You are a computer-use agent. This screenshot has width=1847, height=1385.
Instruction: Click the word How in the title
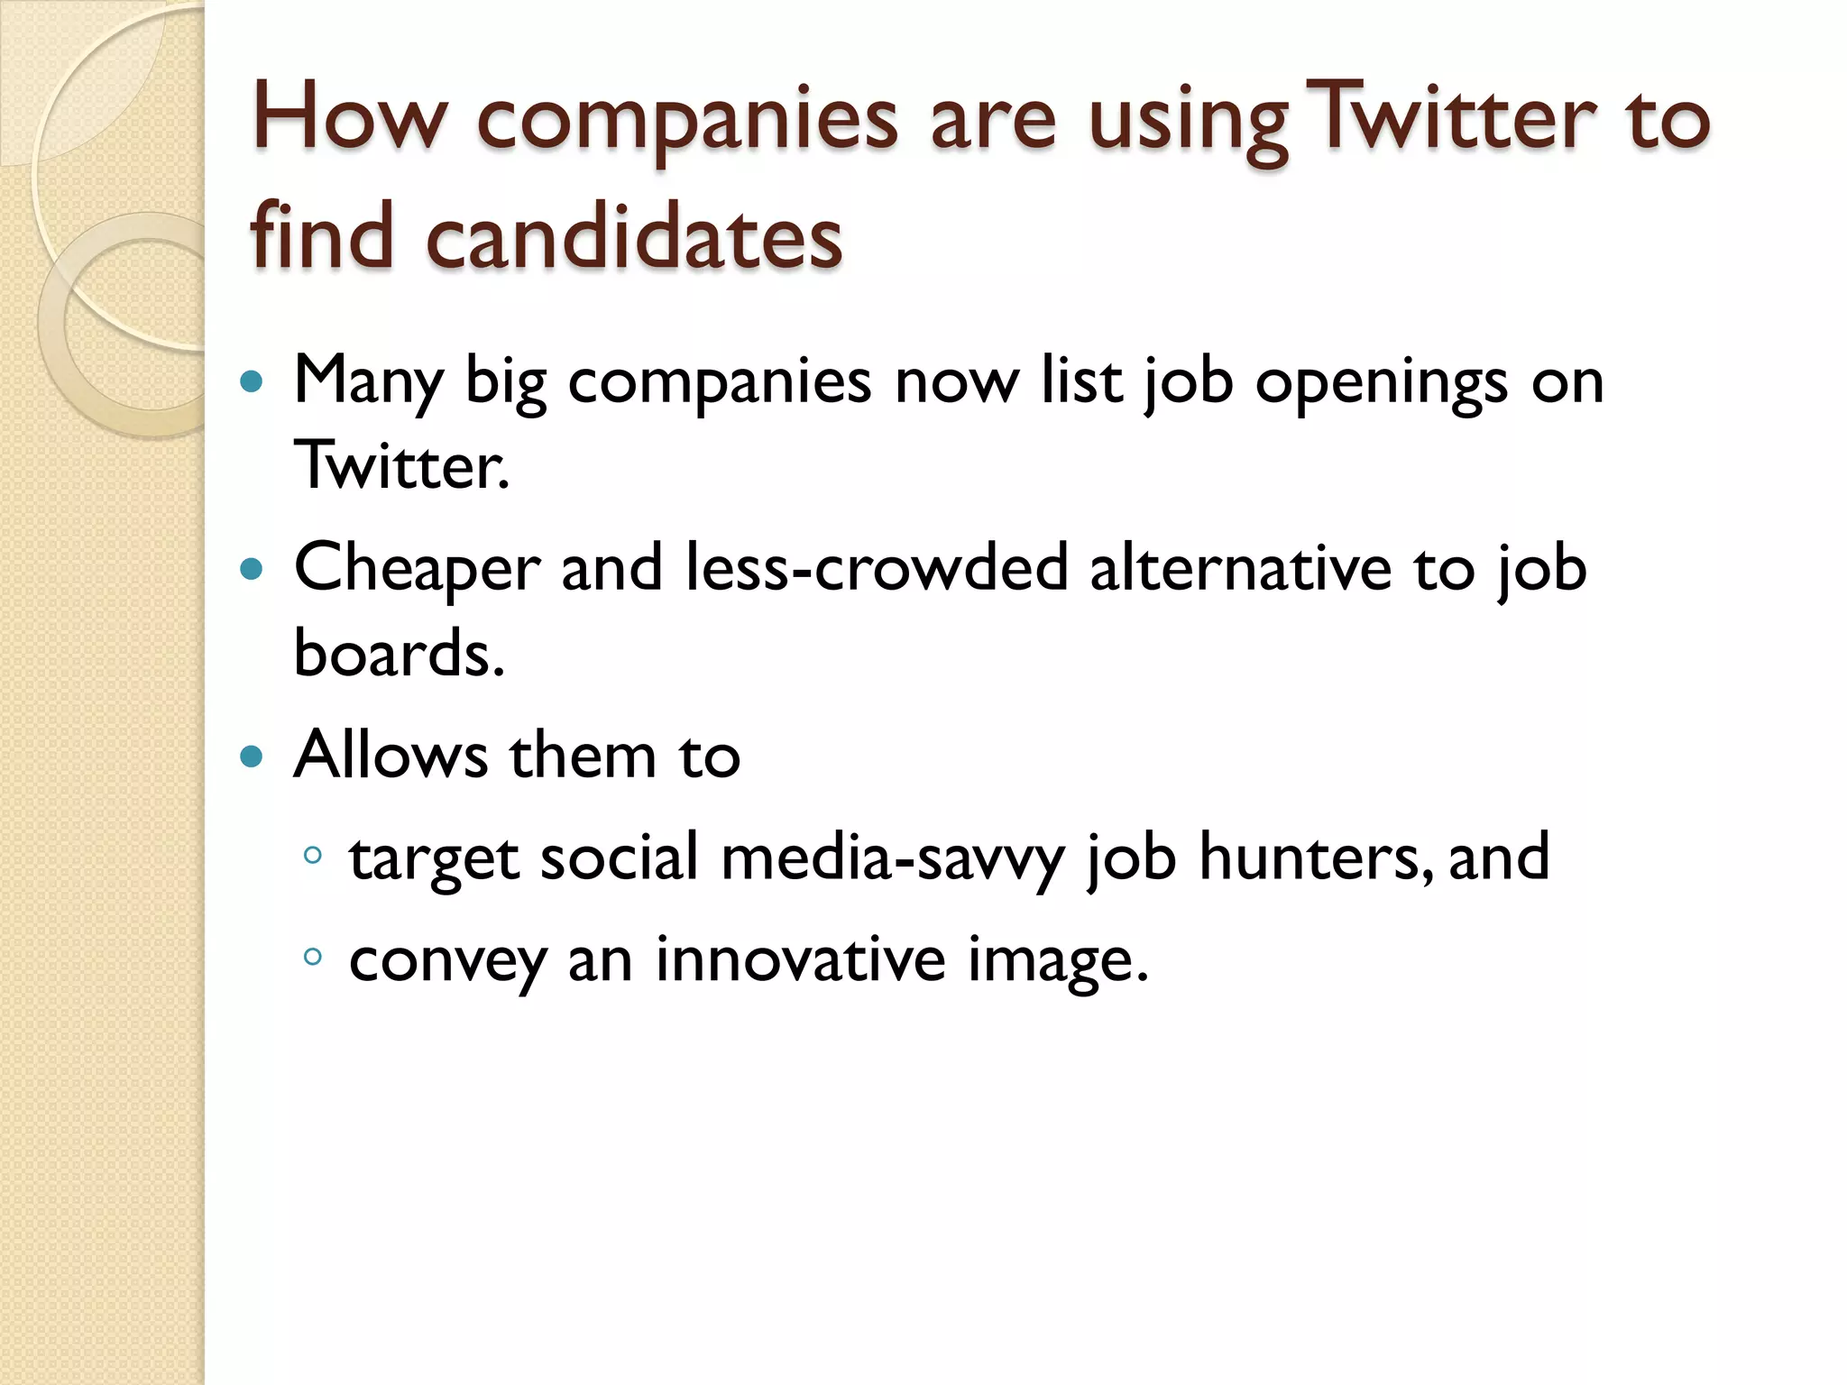pos(349,117)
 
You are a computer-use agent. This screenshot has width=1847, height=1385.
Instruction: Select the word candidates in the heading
pos(634,236)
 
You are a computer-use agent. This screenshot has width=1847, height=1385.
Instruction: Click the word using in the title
pos(1189,122)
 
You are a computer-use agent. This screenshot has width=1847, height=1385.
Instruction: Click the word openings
pos(1382,383)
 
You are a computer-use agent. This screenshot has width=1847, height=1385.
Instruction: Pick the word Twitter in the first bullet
pos(402,465)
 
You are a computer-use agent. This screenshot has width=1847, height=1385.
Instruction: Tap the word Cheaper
pos(418,570)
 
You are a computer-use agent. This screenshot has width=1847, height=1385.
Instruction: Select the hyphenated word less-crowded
pos(877,568)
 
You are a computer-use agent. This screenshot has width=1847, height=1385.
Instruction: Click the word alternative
pos(1241,568)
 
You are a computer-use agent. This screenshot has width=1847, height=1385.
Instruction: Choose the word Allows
pos(391,755)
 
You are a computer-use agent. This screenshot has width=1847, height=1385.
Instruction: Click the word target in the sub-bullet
pos(434,858)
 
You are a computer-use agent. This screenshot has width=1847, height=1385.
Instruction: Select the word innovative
pos(800,958)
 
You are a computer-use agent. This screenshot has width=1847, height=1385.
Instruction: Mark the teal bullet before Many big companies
pos(252,381)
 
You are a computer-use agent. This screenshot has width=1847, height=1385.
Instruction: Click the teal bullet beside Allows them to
pos(252,756)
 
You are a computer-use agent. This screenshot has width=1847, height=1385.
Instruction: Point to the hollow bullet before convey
pos(313,957)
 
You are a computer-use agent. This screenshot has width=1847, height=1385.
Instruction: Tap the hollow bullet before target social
pos(313,855)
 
